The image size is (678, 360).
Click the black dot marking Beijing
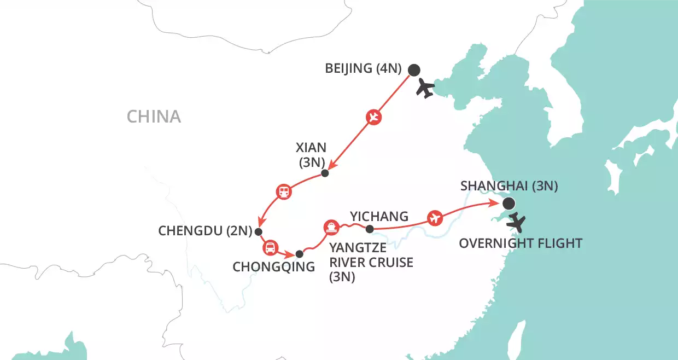pyautogui.click(x=414, y=69)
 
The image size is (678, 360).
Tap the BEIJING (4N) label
pyautogui.click(x=364, y=69)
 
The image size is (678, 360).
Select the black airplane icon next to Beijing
pyautogui.click(x=425, y=88)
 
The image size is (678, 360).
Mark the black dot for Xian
pyautogui.click(x=325, y=173)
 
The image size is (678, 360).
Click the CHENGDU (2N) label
pyautogui.click(x=204, y=231)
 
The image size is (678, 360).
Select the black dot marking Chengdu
pyautogui.click(x=259, y=231)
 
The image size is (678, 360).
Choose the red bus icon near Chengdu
pyautogui.click(x=270, y=248)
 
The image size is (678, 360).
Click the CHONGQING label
pyautogui.click(x=273, y=267)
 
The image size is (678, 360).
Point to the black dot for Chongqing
pyautogui.click(x=299, y=254)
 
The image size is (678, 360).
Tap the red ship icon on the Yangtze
pyautogui.click(x=331, y=227)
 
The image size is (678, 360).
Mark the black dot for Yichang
pyautogui.click(x=370, y=229)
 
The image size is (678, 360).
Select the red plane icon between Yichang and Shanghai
pyautogui.click(x=435, y=217)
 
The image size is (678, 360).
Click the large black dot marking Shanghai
pyautogui.click(x=508, y=204)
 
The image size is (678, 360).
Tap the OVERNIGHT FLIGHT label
pyautogui.click(x=520, y=243)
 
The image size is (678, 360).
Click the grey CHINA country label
pyautogui.click(x=154, y=117)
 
